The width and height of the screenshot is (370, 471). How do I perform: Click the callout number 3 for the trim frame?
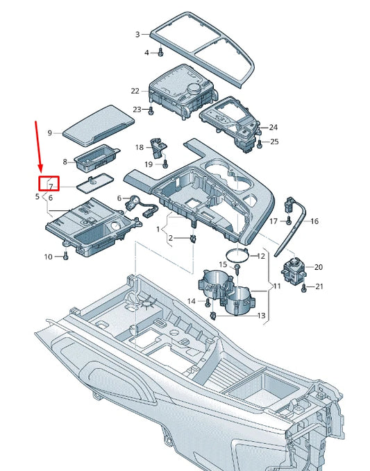coord(137,34)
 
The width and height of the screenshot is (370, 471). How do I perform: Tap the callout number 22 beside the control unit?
coord(135,91)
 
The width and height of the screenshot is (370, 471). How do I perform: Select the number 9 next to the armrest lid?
coord(50,132)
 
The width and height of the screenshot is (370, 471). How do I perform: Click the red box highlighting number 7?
coord(49,185)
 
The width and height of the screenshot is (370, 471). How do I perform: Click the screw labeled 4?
coord(160,51)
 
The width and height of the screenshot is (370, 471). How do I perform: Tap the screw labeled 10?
coord(65,256)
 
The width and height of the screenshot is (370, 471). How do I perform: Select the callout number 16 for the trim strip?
coord(314,221)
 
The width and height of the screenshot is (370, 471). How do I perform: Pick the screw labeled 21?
coord(303,286)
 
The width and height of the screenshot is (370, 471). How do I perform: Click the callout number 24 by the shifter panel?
coord(274,128)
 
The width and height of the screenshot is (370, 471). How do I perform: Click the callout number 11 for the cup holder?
coord(276,286)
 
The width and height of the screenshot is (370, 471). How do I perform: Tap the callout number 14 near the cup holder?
coord(192,300)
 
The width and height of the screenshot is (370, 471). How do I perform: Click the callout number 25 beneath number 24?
coord(274,142)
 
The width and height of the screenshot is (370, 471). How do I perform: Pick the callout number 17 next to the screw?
coord(274,221)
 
